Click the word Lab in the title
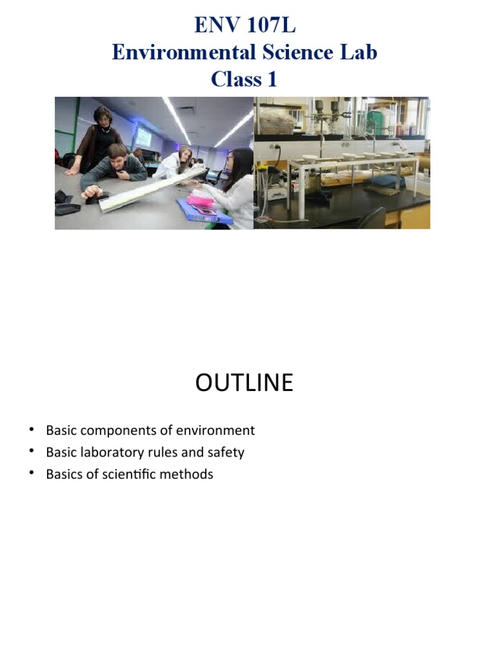(x=360, y=53)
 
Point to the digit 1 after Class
(x=272, y=80)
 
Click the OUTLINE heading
(x=244, y=383)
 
